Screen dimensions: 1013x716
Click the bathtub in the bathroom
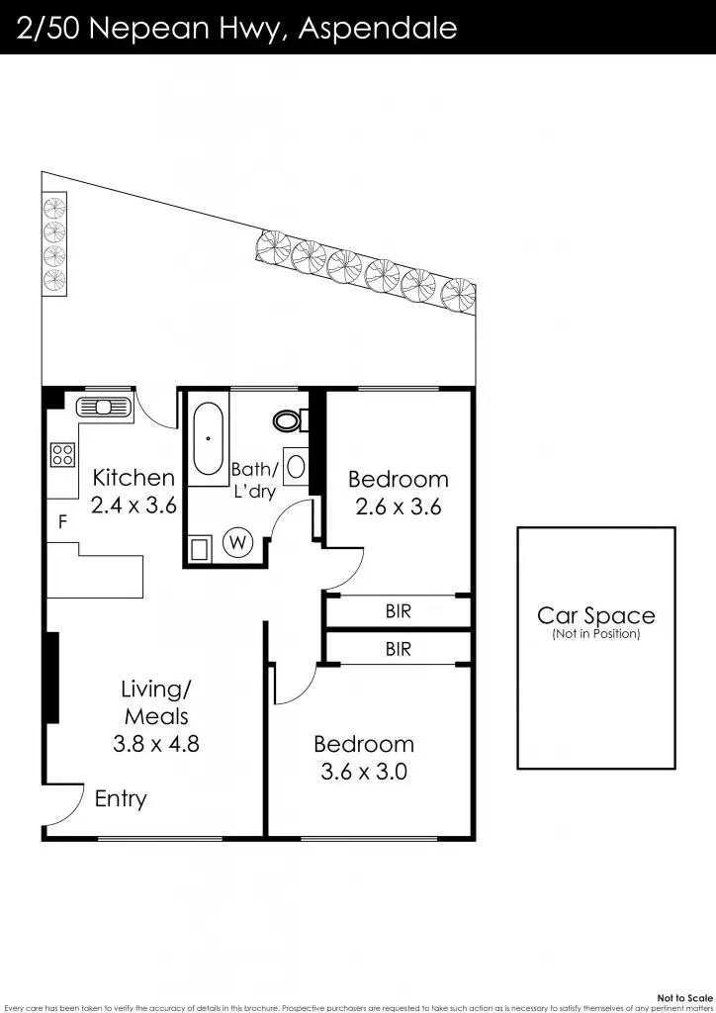point(209,438)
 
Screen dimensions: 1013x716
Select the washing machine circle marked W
point(237,542)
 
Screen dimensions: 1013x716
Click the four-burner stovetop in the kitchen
point(62,454)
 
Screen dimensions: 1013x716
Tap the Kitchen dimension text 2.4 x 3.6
point(133,506)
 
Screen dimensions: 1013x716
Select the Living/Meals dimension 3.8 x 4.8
point(155,743)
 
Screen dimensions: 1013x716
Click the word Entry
point(121,799)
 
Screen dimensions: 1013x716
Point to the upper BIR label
point(398,612)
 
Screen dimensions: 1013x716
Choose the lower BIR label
point(398,650)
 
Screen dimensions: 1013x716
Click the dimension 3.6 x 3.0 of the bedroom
point(364,772)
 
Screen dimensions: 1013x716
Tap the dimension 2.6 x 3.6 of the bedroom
point(398,507)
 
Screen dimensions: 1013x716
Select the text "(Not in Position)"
point(595,634)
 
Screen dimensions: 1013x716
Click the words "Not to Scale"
point(683,998)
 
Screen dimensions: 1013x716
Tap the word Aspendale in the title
point(379,28)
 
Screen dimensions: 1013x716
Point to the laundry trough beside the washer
point(201,549)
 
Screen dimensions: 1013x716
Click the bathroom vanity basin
point(296,466)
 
